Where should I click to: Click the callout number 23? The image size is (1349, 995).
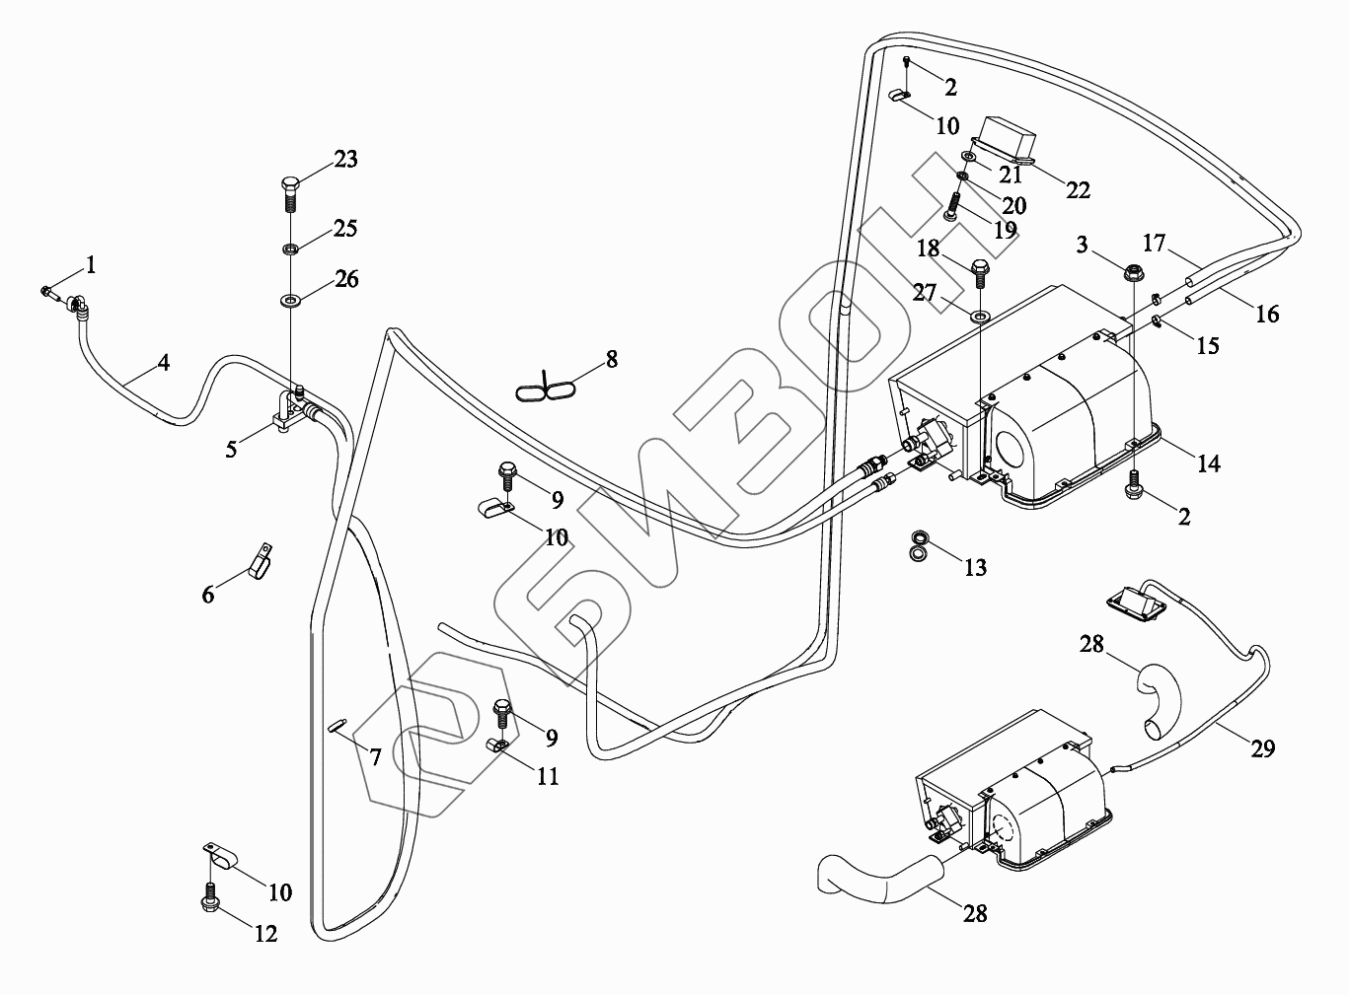pyautogui.click(x=344, y=159)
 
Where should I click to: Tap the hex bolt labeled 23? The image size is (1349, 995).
pyautogui.click(x=290, y=192)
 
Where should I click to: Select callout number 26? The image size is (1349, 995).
pyautogui.click(x=345, y=279)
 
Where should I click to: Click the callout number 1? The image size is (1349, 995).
pyautogui.click(x=91, y=264)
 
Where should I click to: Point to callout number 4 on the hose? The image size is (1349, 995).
pyautogui.click(x=164, y=363)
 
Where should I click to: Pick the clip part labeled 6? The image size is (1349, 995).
pyautogui.click(x=262, y=563)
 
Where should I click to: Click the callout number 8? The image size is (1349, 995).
pyautogui.click(x=612, y=359)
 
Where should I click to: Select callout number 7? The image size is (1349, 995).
pyautogui.click(x=375, y=757)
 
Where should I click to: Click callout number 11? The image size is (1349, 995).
pyautogui.click(x=548, y=777)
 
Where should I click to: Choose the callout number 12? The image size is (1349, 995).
pyautogui.click(x=266, y=933)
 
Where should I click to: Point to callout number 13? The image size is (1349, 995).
pyautogui.click(x=975, y=567)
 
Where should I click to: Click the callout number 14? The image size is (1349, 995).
pyautogui.click(x=1208, y=462)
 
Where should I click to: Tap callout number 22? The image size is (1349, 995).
pyautogui.click(x=1078, y=189)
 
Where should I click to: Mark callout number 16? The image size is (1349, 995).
pyautogui.click(x=1267, y=314)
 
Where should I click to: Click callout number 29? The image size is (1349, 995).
pyautogui.click(x=1262, y=748)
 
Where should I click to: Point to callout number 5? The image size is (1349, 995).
pyautogui.click(x=231, y=450)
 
